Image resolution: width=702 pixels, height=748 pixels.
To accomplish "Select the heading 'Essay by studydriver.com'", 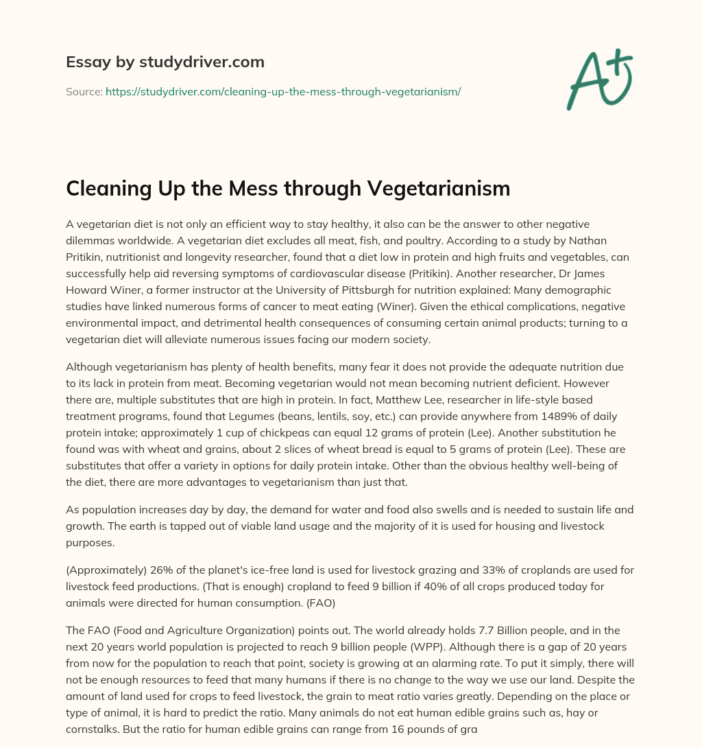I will pyautogui.click(x=165, y=62).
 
